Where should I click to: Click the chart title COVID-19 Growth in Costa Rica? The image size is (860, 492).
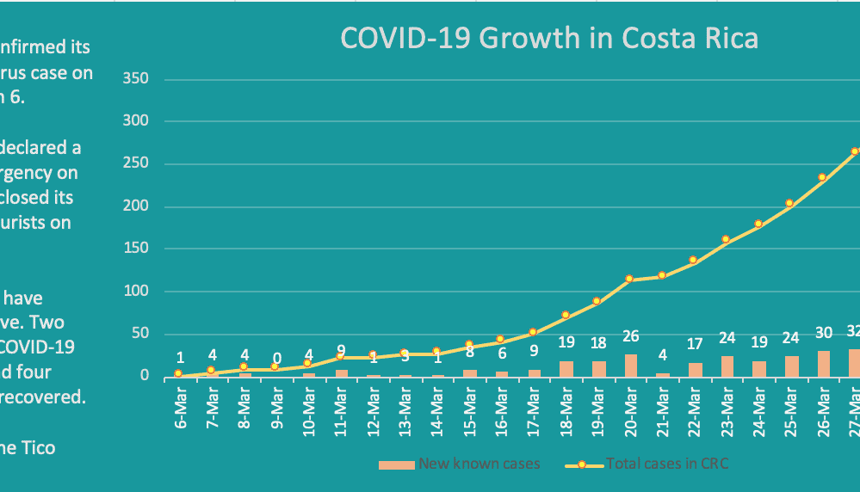point(549,40)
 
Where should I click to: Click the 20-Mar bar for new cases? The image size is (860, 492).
point(630,366)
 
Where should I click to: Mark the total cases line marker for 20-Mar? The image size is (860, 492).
point(630,279)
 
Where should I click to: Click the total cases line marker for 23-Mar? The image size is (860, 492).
point(726,239)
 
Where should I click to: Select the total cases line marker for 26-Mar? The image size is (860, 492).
point(822,177)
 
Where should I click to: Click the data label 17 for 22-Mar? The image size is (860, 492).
point(695,344)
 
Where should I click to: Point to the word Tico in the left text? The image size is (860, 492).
point(38,447)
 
